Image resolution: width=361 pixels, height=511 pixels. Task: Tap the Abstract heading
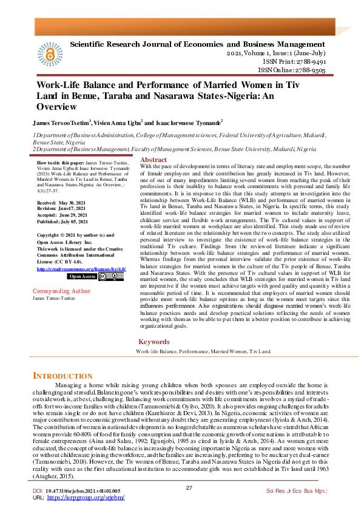pyautogui.click(x=154, y=160)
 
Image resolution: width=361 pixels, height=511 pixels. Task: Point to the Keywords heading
pyautogui.click(x=154, y=342)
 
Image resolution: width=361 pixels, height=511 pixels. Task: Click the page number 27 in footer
pyautogui.click(x=189, y=487)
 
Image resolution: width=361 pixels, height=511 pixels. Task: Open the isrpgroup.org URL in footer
pyautogui.click(x=94, y=498)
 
